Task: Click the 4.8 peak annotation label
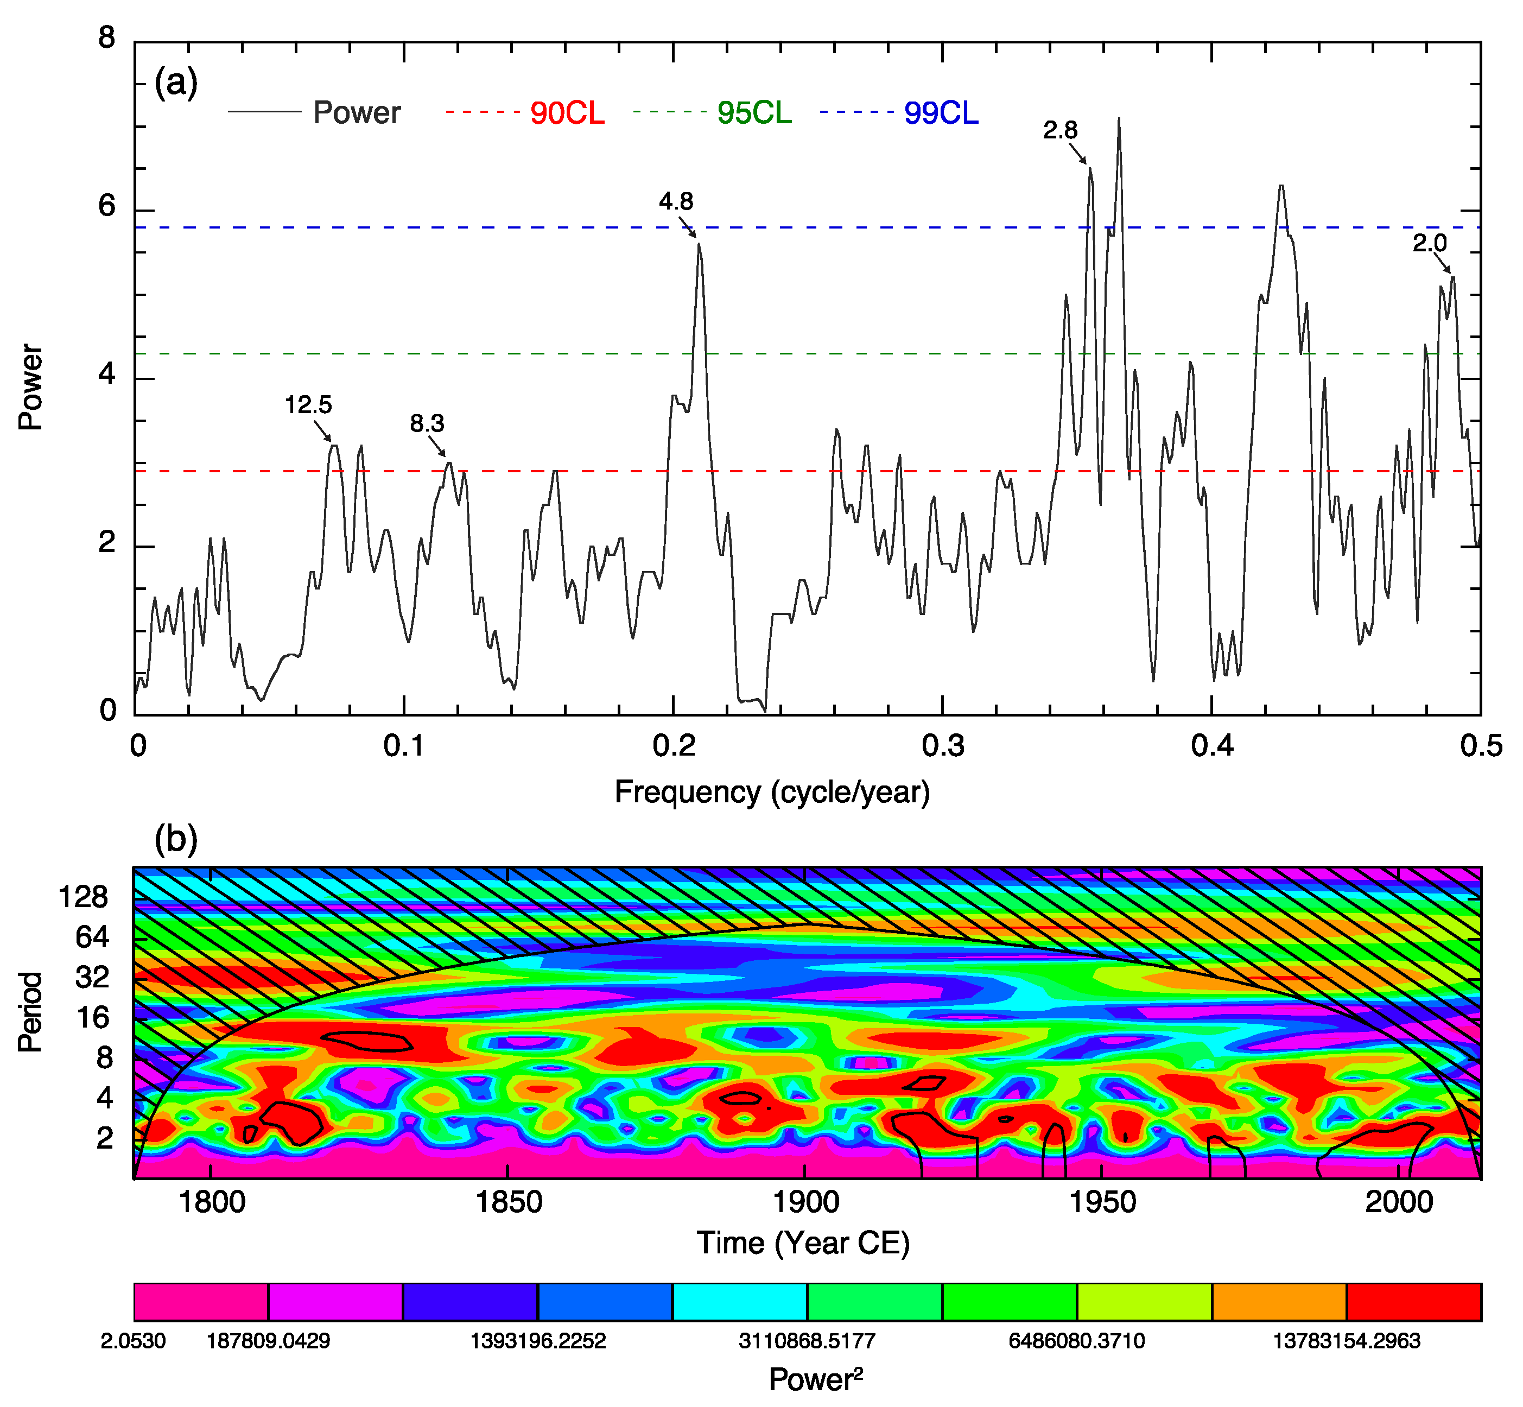pyautogui.click(x=676, y=202)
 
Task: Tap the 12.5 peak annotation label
pyautogui.click(x=308, y=405)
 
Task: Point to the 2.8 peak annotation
pyautogui.click(x=1060, y=131)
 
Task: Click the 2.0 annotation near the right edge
pyautogui.click(x=1430, y=244)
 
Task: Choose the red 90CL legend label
pyautogui.click(x=567, y=113)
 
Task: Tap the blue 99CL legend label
pyautogui.click(x=941, y=113)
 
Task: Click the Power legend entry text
pyautogui.click(x=356, y=113)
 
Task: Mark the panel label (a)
pyautogui.click(x=176, y=82)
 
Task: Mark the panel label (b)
pyautogui.click(x=176, y=839)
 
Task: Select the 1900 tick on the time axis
pyautogui.click(x=806, y=1202)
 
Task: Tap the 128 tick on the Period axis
pyautogui.click(x=83, y=898)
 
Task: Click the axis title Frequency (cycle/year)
pyautogui.click(x=772, y=793)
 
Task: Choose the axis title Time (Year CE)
pyautogui.click(x=803, y=1243)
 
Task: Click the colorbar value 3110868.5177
pyautogui.click(x=807, y=1341)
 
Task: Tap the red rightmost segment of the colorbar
pyautogui.click(x=1413, y=1302)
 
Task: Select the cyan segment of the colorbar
pyautogui.click(x=740, y=1302)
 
